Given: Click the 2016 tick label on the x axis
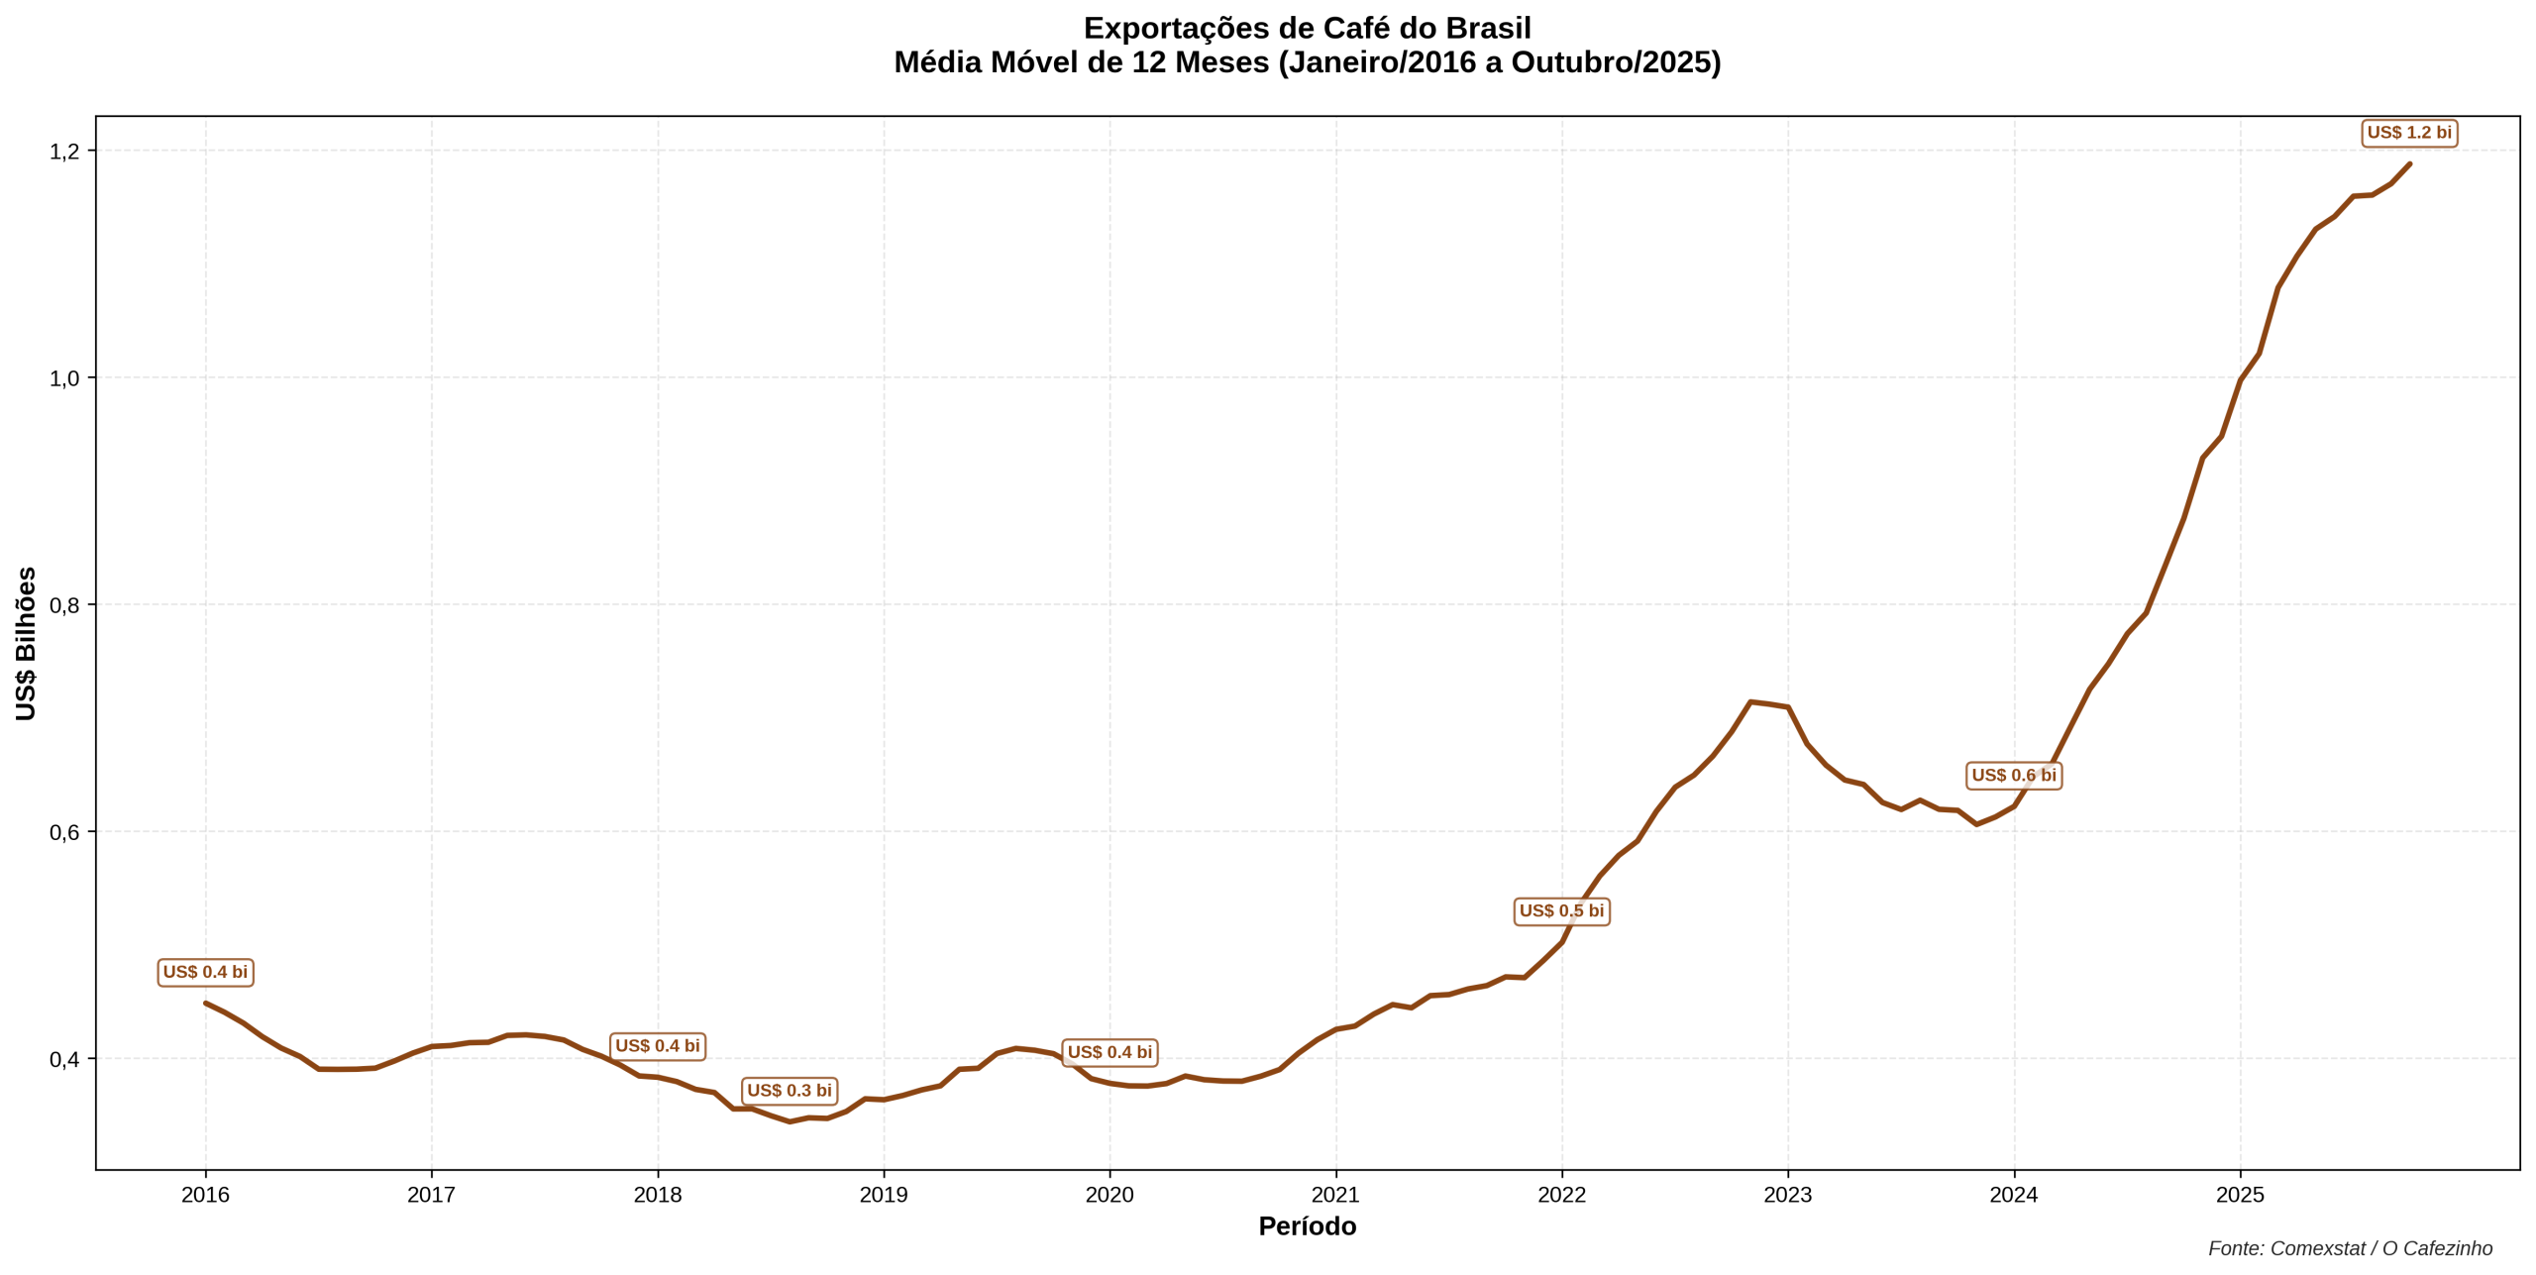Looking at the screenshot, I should pyautogui.click(x=205, y=1195).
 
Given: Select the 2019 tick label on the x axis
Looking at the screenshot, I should pyautogui.click(x=883, y=1195).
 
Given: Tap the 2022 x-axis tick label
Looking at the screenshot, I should pyautogui.click(x=1561, y=1195).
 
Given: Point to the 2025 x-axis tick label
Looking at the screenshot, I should pyautogui.click(x=2239, y=1195).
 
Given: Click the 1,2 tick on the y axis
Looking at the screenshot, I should pyautogui.click(x=64, y=152).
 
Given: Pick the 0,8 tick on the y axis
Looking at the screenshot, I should pyautogui.click(x=64, y=605).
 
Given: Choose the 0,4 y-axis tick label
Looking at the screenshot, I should pyautogui.click(x=64, y=1059).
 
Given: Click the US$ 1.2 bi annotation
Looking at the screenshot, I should pyautogui.click(x=2408, y=133).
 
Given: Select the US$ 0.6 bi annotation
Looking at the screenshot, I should pyautogui.click(x=2013, y=776).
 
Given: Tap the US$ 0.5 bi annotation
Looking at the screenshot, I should pyautogui.click(x=1561, y=911).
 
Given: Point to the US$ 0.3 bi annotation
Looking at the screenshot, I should pyautogui.click(x=789, y=1091).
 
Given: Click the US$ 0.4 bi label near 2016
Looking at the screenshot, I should pyautogui.click(x=205, y=973).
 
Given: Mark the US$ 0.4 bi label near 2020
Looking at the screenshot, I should pyautogui.click(x=1109, y=1053).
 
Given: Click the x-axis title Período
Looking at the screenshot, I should pyautogui.click(x=1307, y=1226).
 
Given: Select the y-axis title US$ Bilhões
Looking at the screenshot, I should pyautogui.click(x=26, y=644).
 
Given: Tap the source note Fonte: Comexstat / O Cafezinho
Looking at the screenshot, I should pyautogui.click(x=2350, y=1249).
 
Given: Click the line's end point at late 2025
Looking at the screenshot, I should pyautogui.click(x=2409, y=164).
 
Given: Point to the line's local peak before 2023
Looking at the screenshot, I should pyautogui.click(x=1750, y=701).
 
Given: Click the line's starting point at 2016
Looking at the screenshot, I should pyautogui.click(x=206, y=1003).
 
